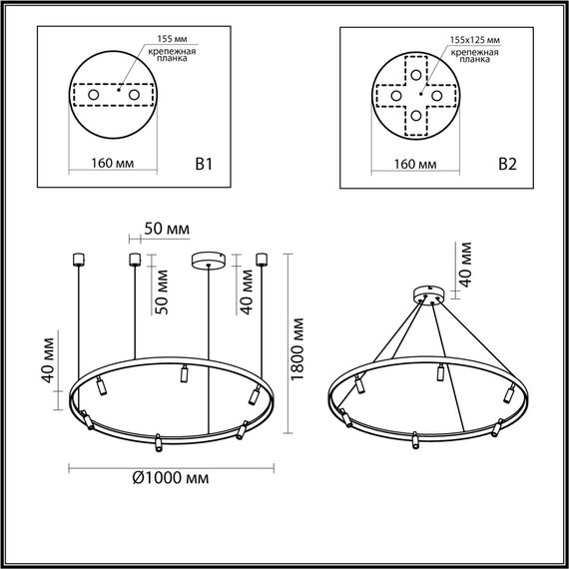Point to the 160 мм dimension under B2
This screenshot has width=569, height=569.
[x=415, y=162]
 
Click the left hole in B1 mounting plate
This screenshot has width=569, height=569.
[x=94, y=95]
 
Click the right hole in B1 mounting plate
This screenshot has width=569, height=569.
[x=132, y=95]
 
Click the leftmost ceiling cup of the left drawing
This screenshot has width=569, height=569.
[x=77, y=261]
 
